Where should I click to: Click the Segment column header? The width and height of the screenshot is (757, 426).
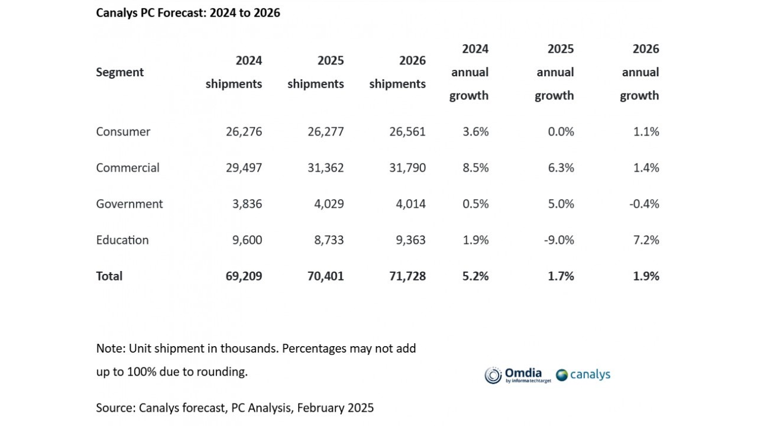click(120, 72)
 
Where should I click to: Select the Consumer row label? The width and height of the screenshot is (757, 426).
click(123, 131)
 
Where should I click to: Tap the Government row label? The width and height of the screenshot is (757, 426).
click(130, 204)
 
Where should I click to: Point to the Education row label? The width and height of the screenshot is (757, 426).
click(122, 240)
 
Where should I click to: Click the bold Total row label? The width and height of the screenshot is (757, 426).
click(109, 276)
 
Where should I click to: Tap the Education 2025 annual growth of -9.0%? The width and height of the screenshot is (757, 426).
click(557, 240)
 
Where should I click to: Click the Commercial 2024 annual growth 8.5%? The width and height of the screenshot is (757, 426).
click(475, 167)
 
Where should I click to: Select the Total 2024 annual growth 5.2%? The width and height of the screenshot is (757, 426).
click(475, 276)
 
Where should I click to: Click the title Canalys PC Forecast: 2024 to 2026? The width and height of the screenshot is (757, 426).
click(188, 12)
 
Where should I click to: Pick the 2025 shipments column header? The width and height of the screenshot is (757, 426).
click(316, 72)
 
